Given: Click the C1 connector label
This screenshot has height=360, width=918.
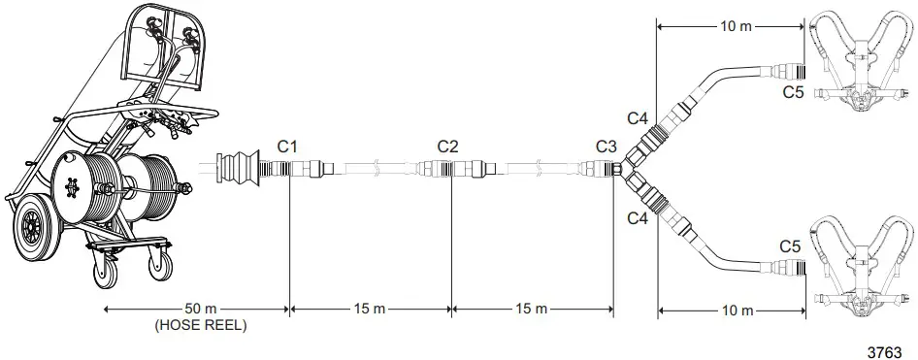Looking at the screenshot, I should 287,147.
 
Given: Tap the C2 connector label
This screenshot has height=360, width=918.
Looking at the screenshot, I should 447,147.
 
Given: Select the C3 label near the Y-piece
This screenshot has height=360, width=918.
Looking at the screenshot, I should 607,147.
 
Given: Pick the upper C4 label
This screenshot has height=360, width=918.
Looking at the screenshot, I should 638,118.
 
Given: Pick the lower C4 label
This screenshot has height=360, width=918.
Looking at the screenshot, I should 638,220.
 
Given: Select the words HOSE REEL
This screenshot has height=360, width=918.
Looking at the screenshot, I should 200,326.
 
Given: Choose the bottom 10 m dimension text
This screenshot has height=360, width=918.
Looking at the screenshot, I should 733,311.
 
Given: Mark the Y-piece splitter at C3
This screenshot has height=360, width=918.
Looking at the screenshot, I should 632,169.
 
